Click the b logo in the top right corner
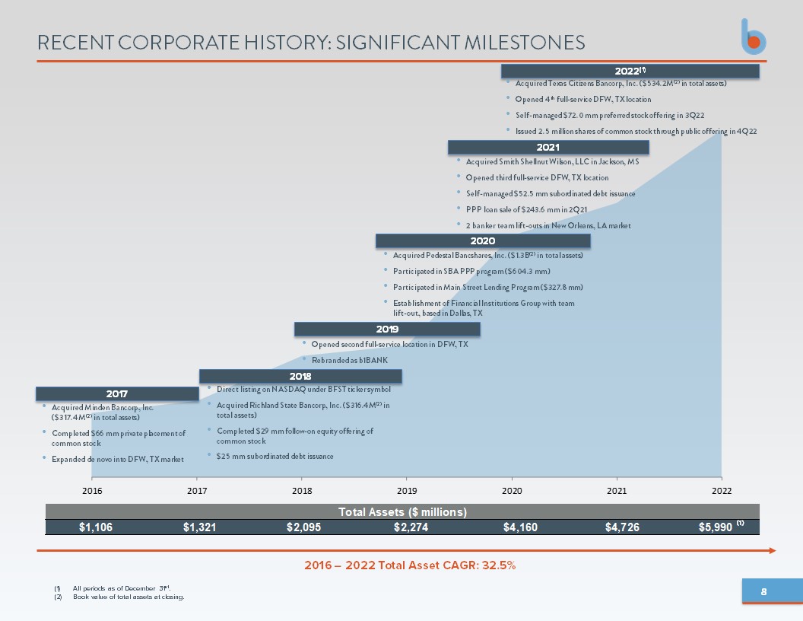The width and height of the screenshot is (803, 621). (754, 37)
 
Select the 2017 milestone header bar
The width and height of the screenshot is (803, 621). (117, 393)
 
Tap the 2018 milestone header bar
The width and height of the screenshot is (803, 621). (300, 376)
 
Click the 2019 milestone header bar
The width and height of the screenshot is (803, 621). (387, 329)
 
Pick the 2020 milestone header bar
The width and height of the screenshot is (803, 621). (483, 240)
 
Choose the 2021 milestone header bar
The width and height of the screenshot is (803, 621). (548, 147)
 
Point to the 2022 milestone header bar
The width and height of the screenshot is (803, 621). (630, 71)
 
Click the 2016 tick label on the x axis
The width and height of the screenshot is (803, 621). (92, 491)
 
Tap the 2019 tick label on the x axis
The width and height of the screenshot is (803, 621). (407, 491)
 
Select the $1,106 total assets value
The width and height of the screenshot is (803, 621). (96, 527)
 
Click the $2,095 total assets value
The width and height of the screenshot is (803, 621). (303, 527)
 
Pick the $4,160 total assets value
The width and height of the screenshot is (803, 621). (520, 527)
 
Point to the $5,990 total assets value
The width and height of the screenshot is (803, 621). (716, 527)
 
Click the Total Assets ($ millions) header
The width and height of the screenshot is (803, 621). (402, 512)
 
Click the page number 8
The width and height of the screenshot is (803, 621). (763, 592)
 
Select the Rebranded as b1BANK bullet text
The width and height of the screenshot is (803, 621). (350, 360)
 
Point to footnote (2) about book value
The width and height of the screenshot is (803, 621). (119, 597)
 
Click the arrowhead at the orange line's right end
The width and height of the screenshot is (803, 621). (773, 551)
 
